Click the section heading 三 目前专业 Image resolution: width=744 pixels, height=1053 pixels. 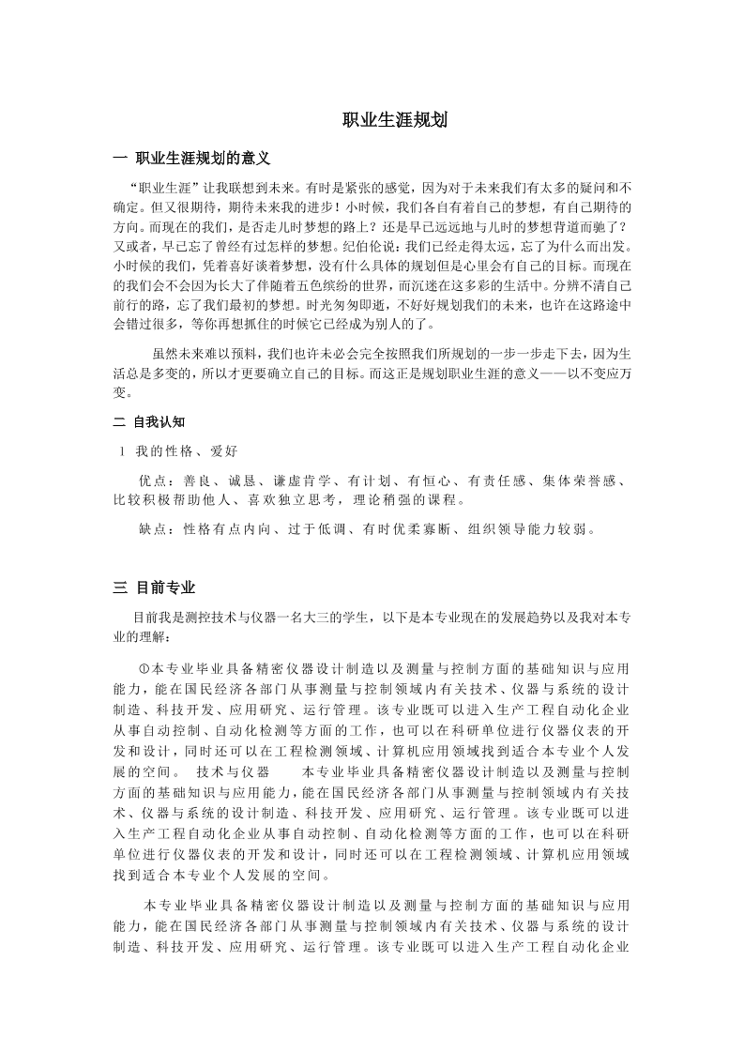(154, 588)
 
